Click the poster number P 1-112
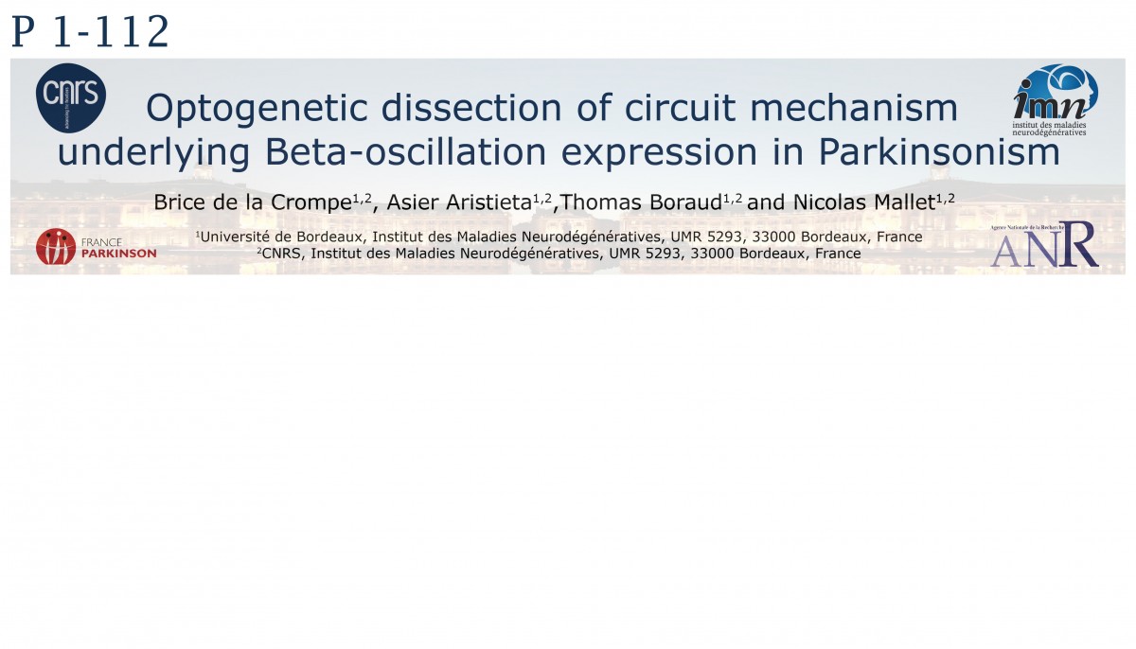(90, 31)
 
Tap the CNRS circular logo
(71, 97)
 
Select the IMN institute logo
(1055, 99)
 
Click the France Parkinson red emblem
(56, 247)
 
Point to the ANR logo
(1045, 245)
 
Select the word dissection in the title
(471, 108)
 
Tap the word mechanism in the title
(854, 108)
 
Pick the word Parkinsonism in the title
(939, 151)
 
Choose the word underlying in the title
(154, 153)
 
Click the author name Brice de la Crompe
(253, 202)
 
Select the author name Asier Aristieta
(459, 202)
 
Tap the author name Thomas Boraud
(641, 202)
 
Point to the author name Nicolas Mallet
(864, 202)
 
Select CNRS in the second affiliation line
(281, 254)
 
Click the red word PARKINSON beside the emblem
(118, 254)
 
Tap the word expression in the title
(659, 153)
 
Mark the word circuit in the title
(680, 108)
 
